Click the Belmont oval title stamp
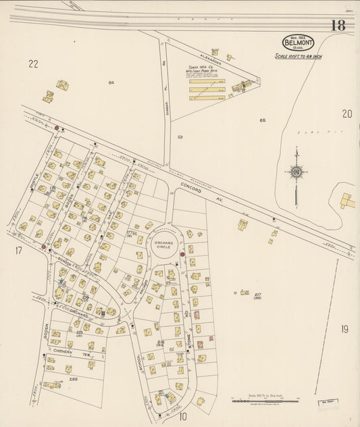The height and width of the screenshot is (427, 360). tap(298, 42)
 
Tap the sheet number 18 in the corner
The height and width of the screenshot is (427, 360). tap(338, 26)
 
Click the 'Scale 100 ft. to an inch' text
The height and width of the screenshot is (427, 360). tap(298, 57)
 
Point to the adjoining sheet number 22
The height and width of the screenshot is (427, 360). tap(33, 64)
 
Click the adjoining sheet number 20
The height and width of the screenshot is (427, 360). tap(346, 114)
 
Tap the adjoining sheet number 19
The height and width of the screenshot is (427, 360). tap(344, 329)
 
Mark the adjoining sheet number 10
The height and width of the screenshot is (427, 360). tap(182, 416)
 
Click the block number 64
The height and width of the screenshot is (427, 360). tap(111, 82)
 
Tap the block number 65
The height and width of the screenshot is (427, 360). tap(263, 120)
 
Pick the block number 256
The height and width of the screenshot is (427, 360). tap(73, 380)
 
